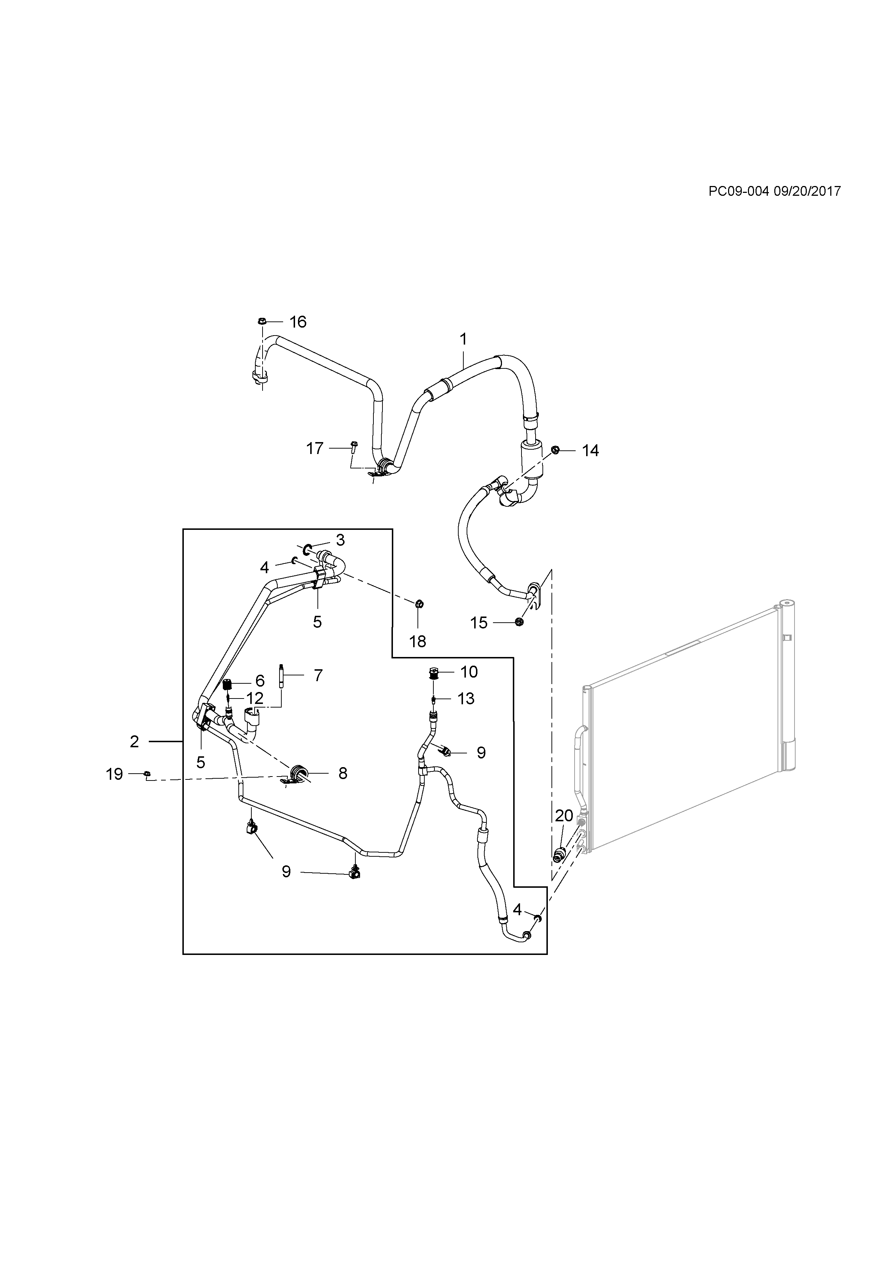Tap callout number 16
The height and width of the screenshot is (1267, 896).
tap(298, 322)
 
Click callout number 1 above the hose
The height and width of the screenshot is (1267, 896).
tap(463, 338)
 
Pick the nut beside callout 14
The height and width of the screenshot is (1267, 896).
tap(555, 450)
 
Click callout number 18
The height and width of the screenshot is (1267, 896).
tap(417, 641)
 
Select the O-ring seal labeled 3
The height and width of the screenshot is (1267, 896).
tap(307, 549)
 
